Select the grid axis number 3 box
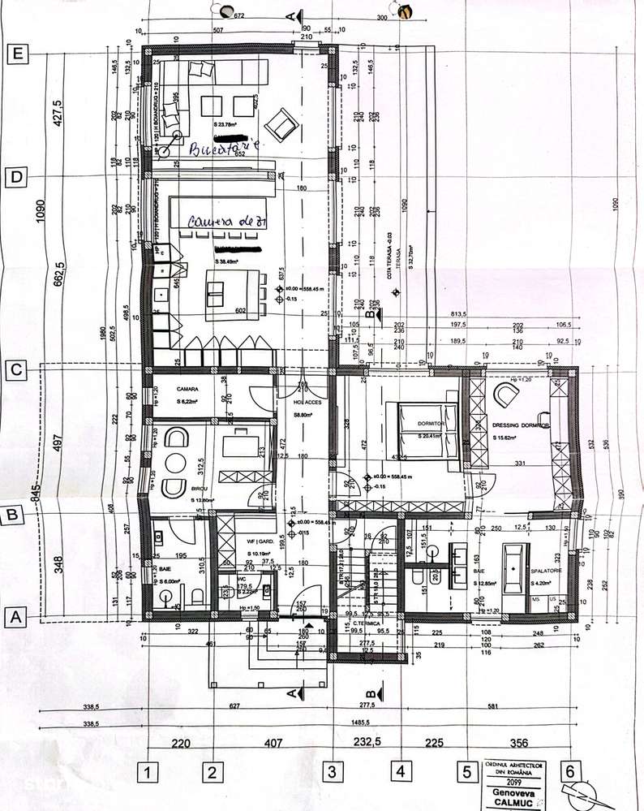tap(331, 771)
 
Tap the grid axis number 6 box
tap(573, 771)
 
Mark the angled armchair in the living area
tap(282, 123)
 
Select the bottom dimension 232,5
tap(368, 742)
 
